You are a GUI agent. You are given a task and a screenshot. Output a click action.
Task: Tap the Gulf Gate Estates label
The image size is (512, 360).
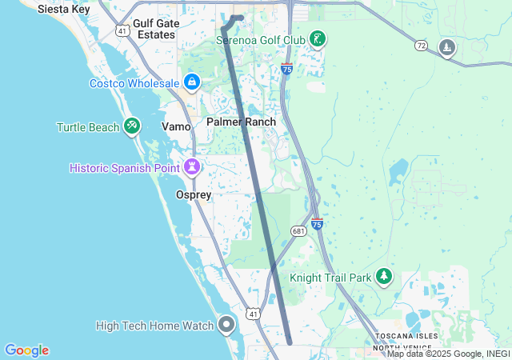point(156,30)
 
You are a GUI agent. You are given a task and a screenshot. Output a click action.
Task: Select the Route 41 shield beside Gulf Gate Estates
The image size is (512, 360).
point(122,30)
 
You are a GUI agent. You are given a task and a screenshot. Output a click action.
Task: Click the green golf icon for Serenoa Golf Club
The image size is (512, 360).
point(318,38)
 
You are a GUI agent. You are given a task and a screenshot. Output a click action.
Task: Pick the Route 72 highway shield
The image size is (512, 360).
point(420,46)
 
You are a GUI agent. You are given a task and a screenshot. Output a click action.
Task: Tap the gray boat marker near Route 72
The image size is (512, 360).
point(447,49)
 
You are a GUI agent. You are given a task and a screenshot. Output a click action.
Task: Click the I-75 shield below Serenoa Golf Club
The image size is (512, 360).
point(287,70)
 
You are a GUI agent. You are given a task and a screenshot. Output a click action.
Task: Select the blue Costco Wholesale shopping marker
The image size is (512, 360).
point(192,82)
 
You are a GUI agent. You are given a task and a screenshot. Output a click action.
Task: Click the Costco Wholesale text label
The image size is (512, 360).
point(134,83)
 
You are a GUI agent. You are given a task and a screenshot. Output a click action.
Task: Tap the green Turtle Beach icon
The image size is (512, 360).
point(133,126)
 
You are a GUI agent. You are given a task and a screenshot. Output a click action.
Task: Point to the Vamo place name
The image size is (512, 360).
point(176,126)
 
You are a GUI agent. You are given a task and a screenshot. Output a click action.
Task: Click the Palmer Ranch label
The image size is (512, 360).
point(241,122)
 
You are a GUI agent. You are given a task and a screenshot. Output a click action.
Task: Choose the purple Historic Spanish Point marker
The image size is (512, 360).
point(192,167)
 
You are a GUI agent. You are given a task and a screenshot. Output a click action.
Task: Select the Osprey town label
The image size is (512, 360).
point(193,194)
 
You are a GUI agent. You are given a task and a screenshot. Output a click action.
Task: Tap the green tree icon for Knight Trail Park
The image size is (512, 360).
point(385,277)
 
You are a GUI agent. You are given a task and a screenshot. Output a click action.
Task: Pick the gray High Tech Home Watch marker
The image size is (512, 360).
point(226,325)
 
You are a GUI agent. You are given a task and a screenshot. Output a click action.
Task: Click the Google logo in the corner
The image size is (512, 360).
point(27,350)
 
